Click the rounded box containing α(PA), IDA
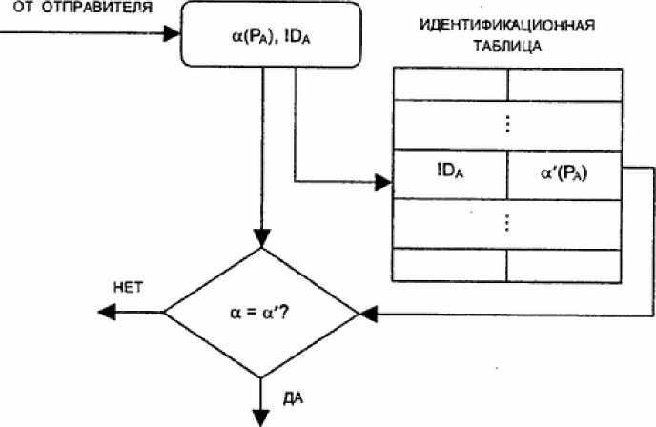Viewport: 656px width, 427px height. coord(271,34)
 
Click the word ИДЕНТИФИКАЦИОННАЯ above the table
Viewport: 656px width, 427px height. coord(507,26)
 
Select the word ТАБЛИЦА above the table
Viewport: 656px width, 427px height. coord(507,46)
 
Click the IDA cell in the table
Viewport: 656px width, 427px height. coord(450,174)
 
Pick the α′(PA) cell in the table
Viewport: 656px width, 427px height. coord(564,174)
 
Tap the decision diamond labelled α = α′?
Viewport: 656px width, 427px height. coord(261,313)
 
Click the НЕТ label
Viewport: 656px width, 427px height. coord(128,288)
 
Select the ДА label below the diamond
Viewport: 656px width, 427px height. coord(293,398)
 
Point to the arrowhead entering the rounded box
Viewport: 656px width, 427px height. coord(172,33)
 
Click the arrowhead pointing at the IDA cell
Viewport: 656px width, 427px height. coord(383,182)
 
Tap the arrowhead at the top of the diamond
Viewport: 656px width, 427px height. coord(262,239)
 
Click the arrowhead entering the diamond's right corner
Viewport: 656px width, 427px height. coord(368,315)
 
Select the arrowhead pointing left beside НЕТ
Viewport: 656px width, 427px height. coord(107,312)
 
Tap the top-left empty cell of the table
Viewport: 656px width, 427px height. coord(450,85)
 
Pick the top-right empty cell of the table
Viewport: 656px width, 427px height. coord(564,85)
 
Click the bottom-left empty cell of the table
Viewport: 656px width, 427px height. coord(449,266)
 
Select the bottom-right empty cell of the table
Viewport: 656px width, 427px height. coord(564,266)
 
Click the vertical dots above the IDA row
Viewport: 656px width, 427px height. coord(507,124)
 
